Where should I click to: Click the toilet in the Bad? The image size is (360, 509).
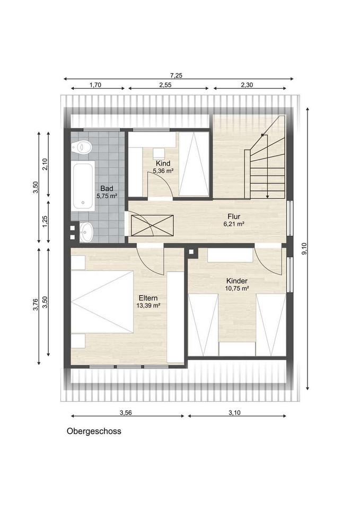(82, 148)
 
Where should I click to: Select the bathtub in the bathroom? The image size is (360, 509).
(83, 186)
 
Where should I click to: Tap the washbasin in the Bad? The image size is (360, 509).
(86, 232)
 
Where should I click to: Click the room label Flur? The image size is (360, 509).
(234, 216)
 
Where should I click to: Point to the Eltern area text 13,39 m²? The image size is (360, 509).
(149, 305)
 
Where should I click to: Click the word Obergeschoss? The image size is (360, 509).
(94, 431)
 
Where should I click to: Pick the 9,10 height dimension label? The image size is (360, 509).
(304, 249)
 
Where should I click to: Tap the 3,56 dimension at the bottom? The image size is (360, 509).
(126, 413)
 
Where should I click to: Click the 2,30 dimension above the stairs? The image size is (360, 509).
(247, 85)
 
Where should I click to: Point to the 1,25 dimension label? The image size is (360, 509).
(45, 222)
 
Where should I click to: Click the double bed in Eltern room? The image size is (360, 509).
(102, 302)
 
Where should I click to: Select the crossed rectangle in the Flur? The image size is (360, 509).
(152, 225)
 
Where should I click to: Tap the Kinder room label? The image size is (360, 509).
(237, 281)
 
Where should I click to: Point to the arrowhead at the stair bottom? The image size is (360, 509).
(267, 196)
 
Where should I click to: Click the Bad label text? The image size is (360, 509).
(107, 189)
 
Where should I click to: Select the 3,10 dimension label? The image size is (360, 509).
(235, 413)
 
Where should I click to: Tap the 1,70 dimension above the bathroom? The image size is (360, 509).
(95, 85)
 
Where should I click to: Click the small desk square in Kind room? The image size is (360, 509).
(159, 152)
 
